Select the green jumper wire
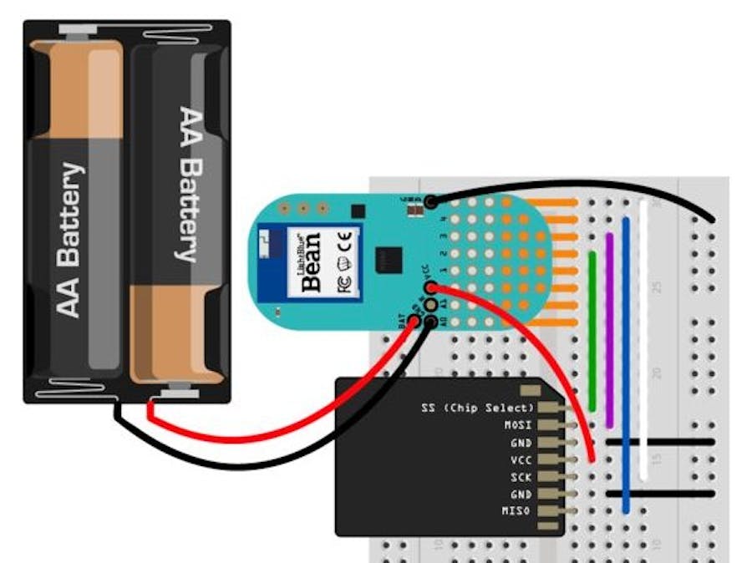(592, 330)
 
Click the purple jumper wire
(609, 330)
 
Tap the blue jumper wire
(626, 359)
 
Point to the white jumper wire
(643, 334)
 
